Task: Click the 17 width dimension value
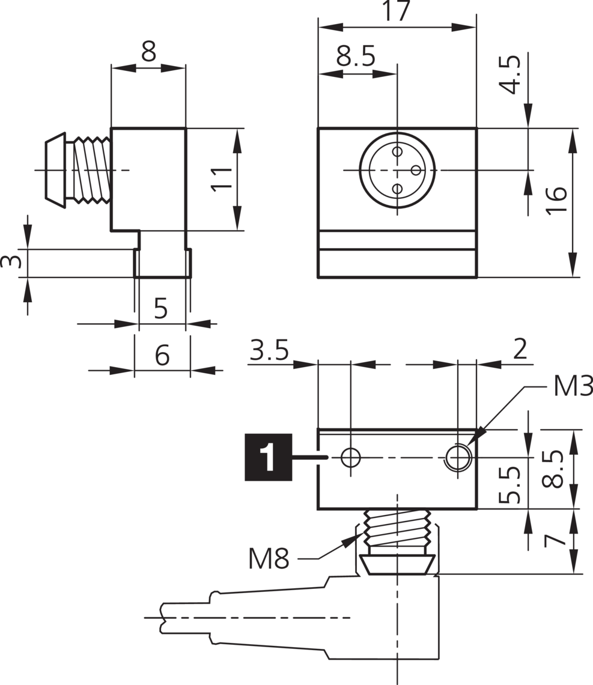397,11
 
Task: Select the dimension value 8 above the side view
148,52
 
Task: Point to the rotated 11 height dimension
222,178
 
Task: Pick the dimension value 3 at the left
10,262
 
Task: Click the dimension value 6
162,356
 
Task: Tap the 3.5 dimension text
270,350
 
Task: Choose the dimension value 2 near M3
520,349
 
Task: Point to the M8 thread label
269,559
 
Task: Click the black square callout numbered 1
268,457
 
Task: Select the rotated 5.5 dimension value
509,485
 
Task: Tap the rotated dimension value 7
554,540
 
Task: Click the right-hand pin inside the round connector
416,170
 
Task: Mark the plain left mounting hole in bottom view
350,458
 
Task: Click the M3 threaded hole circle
458,458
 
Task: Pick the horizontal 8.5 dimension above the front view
356,57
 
